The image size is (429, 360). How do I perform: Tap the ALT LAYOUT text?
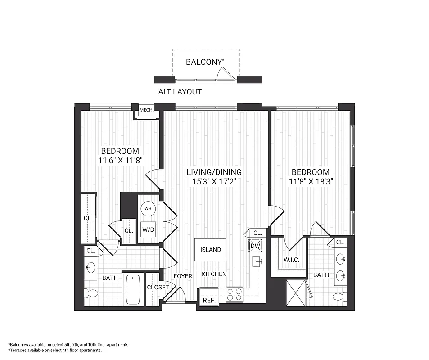pos(180,92)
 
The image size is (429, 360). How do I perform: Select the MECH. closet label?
pos(146,110)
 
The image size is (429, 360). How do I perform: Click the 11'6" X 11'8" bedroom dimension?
pos(120,160)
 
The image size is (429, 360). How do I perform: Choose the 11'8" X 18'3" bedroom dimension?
pos(310,181)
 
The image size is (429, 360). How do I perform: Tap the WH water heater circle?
pos(148,209)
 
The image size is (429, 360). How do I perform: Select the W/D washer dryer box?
pos(148,229)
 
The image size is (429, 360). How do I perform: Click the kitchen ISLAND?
pos(210,249)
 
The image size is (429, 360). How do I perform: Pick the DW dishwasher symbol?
pos(255,246)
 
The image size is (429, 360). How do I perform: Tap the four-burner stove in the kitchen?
pos(234,295)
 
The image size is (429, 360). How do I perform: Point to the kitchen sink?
pos(257,260)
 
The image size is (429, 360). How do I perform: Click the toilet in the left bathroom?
pos(92,294)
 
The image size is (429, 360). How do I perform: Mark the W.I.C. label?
pos(292,260)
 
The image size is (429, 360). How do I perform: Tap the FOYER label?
pos(183,276)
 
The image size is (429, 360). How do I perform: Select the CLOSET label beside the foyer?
pos(158,287)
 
